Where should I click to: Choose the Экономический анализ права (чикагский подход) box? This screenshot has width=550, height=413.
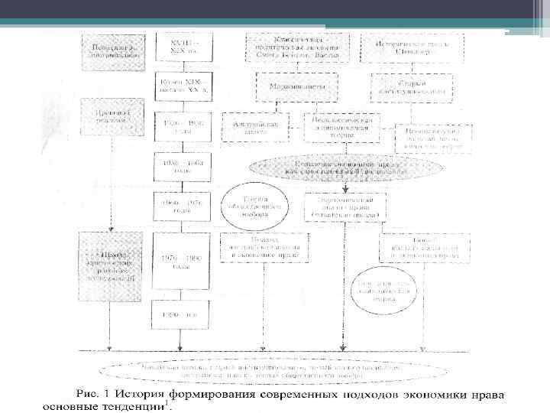(x=345, y=206)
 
